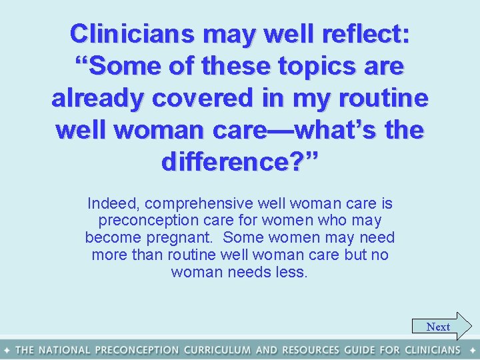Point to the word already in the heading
coord(97,98)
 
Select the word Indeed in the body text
coord(113,203)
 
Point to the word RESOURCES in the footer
coord(312,350)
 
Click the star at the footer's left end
coord(6,350)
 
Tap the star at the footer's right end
coord(473,350)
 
